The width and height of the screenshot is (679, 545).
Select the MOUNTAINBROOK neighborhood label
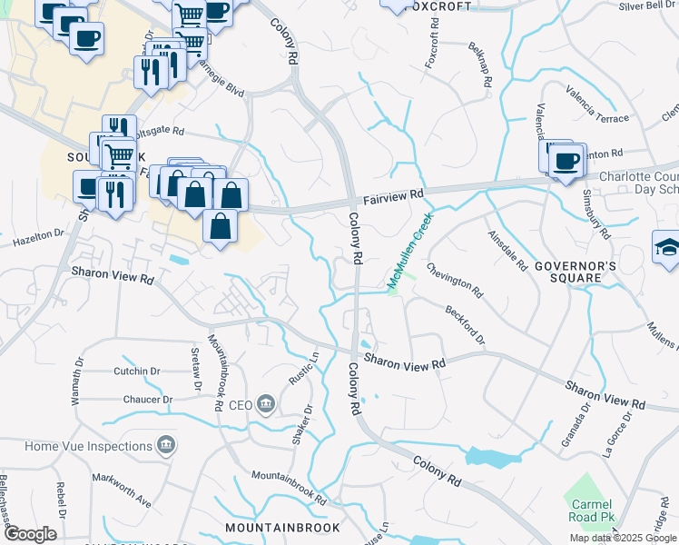click(282, 528)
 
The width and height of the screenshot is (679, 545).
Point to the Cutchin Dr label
click(137, 372)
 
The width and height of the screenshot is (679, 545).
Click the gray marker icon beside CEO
click(266, 404)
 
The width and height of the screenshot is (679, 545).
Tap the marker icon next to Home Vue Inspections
click(167, 446)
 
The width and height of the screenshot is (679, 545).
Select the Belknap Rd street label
click(480, 66)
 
